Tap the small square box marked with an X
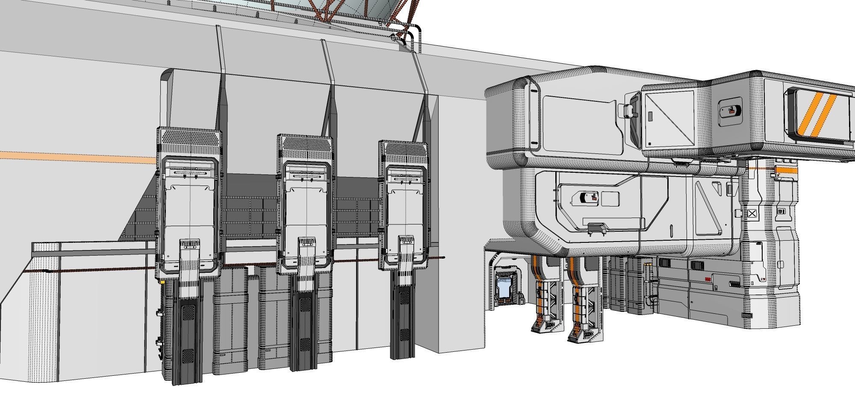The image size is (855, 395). [752, 213]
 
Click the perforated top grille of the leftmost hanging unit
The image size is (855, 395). [189, 138]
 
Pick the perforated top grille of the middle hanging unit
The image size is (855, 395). [304, 145]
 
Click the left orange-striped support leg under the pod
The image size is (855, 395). [544, 295]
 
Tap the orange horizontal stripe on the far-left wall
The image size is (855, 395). [77, 157]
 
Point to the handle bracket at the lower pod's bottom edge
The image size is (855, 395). [597, 229]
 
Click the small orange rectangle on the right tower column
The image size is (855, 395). [787, 175]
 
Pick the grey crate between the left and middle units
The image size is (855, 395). [230, 316]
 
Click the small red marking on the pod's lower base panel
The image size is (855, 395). [708, 279]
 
